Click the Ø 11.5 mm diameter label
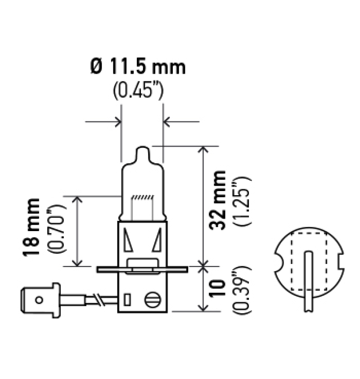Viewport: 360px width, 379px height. click(x=138, y=67)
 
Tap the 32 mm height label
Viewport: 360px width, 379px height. click(x=219, y=200)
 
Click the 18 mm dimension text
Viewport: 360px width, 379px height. click(x=32, y=227)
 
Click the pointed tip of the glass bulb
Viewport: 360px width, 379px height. click(x=142, y=149)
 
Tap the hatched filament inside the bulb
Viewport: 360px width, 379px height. click(x=142, y=197)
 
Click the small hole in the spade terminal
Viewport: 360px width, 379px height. click(x=39, y=299)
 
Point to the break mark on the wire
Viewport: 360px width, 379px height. click(x=97, y=299)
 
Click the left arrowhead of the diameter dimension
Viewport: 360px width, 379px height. click(x=118, y=121)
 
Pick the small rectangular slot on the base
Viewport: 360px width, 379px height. click(x=127, y=299)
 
